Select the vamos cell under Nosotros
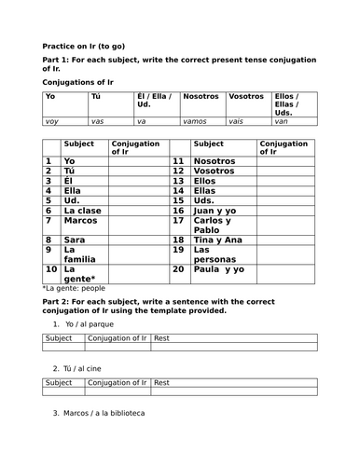(196, 121)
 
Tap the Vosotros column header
(246, 96)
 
